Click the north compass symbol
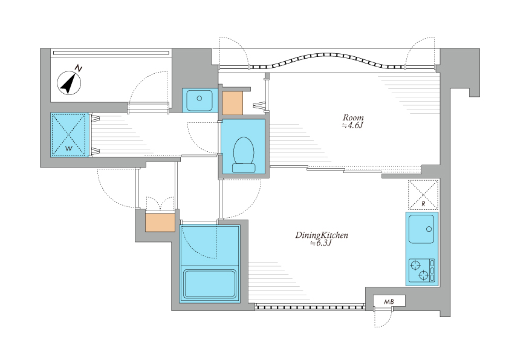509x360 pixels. [x=69, y=83]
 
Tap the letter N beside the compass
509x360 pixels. [x=79, y=68]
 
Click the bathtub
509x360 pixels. [x=210, y=284]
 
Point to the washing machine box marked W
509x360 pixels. [x=70, y=134]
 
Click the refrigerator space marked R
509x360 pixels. [x=423, y=195]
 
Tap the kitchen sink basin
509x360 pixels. [x=421, y=229]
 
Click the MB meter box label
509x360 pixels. [x=389, y=301]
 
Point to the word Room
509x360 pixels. [x=353, y=117]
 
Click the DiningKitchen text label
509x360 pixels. [x=322, y=235]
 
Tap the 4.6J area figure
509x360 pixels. [x=352, y=125]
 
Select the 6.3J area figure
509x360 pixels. [x=321, y=243]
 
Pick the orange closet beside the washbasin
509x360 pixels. [x=232, y=103]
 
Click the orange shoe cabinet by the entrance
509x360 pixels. [x=160, y=222]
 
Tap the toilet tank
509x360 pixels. [x=244, y=168]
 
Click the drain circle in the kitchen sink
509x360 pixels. [x=429, y=229]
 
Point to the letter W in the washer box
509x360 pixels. [x=69, y=149]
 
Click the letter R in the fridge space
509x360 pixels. [x=423, y=204]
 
